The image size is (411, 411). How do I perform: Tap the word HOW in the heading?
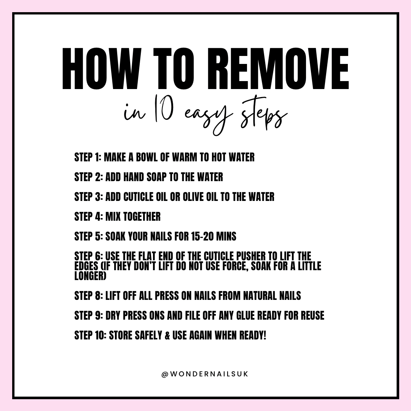[x=102, y=69]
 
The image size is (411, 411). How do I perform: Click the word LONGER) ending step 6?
[x=91, y=276]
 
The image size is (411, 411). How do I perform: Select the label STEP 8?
[x=89, y=296]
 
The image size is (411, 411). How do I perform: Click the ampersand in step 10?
[x=167, y=336]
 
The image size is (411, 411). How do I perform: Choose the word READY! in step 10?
[x=253, y=336]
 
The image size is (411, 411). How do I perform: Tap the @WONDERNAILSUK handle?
[x=205, y=374]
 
